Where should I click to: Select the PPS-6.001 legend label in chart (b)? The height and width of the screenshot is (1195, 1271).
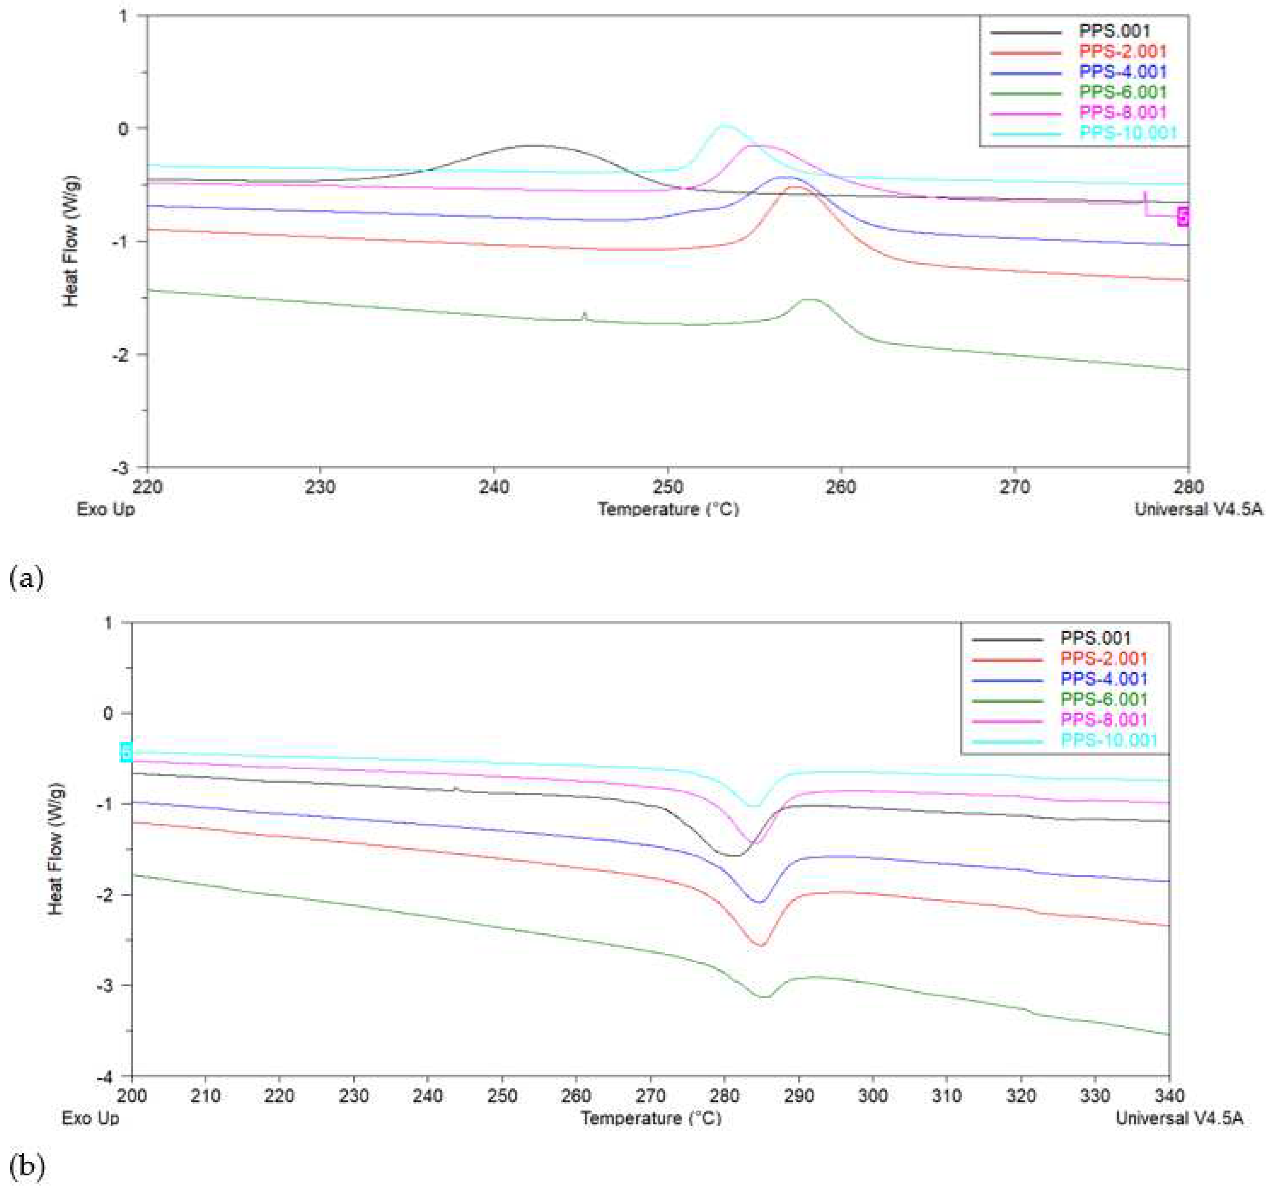click(1104, 699)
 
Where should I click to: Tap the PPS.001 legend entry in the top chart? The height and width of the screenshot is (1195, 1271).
click(1114, 31)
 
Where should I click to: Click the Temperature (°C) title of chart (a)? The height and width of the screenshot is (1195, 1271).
click(668, 509)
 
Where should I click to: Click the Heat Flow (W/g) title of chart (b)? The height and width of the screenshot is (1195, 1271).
click(56, 848)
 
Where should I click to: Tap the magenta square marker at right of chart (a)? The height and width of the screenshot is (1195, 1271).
click(1183, 216)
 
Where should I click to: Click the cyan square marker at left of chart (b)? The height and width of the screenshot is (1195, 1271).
click(126, 752)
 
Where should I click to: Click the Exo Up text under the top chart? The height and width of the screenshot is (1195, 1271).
click(105, 509)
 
